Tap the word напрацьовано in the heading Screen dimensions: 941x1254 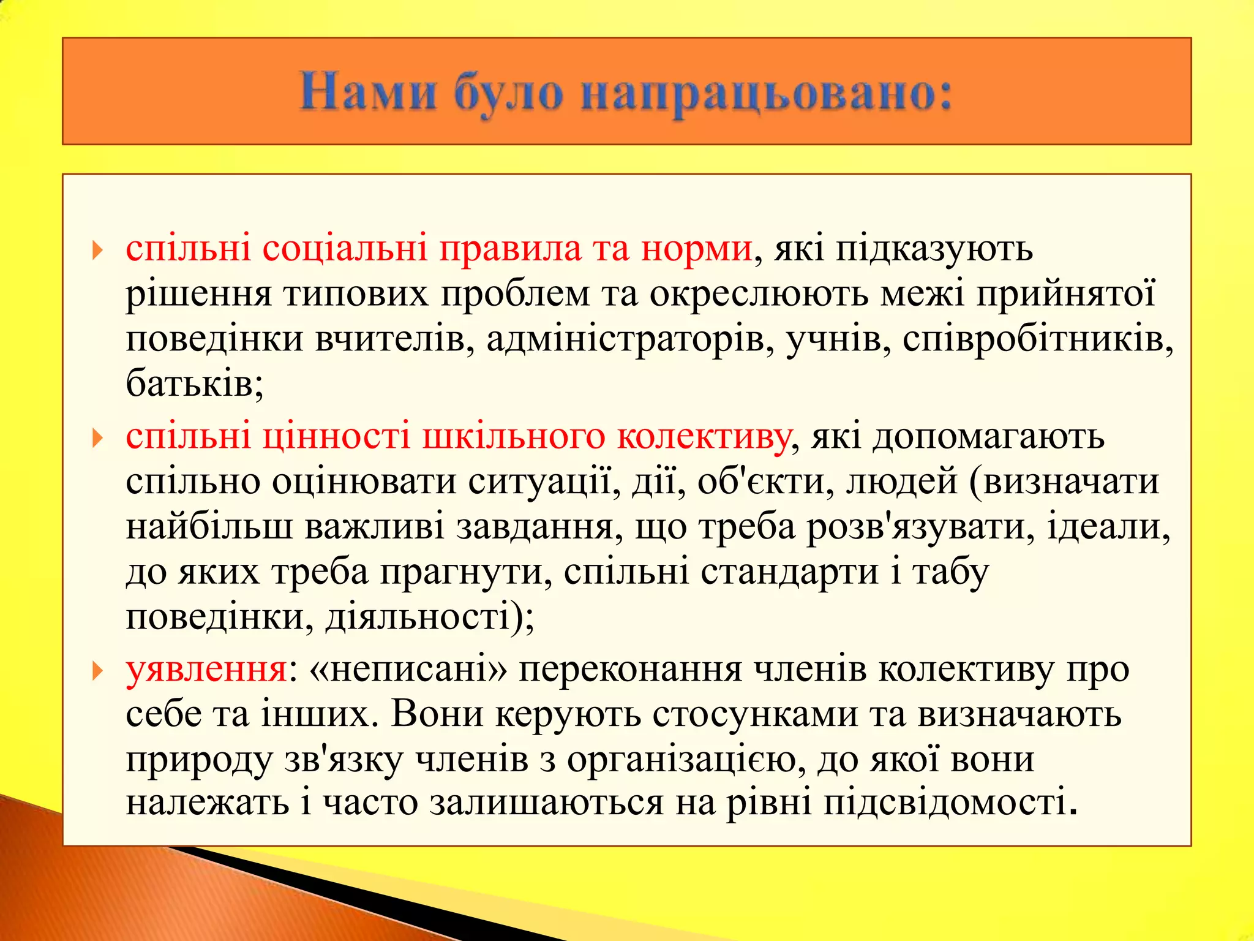(x=765, y=95)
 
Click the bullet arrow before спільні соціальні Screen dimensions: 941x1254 (x=97, y=251)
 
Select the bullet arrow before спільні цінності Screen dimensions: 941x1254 (x=97, y=439)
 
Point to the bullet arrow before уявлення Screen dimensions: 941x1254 (x=97, y=671)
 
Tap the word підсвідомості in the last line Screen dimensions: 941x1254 (x=948, y=803)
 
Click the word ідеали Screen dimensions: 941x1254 (x=1108, y=527)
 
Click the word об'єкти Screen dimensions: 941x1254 (x=765, y=482)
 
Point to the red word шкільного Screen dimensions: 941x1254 (x=514, y=437)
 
